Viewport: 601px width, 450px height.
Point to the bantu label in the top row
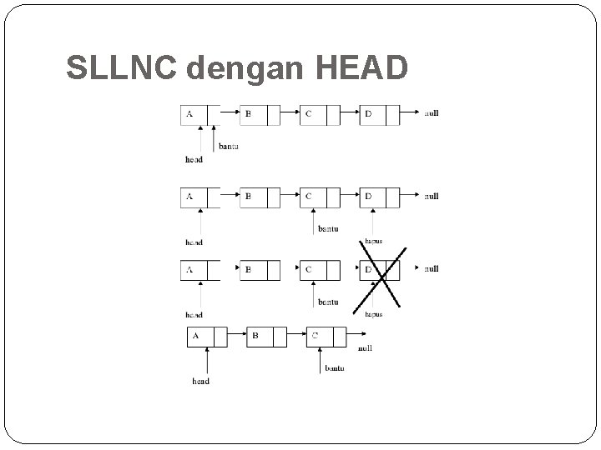tap(229, 147)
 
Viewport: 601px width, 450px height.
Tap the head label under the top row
tap(194, 159)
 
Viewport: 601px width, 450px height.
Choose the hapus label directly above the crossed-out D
tap(372, 241)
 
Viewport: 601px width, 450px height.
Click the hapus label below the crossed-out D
tap(373, 314)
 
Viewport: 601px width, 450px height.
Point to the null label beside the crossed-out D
tap(431, 268)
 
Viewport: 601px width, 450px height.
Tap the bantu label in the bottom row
tap(334, 367)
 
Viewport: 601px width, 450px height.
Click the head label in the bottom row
tap(200, 382)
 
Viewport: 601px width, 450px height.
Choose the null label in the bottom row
tap(365, 349)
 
